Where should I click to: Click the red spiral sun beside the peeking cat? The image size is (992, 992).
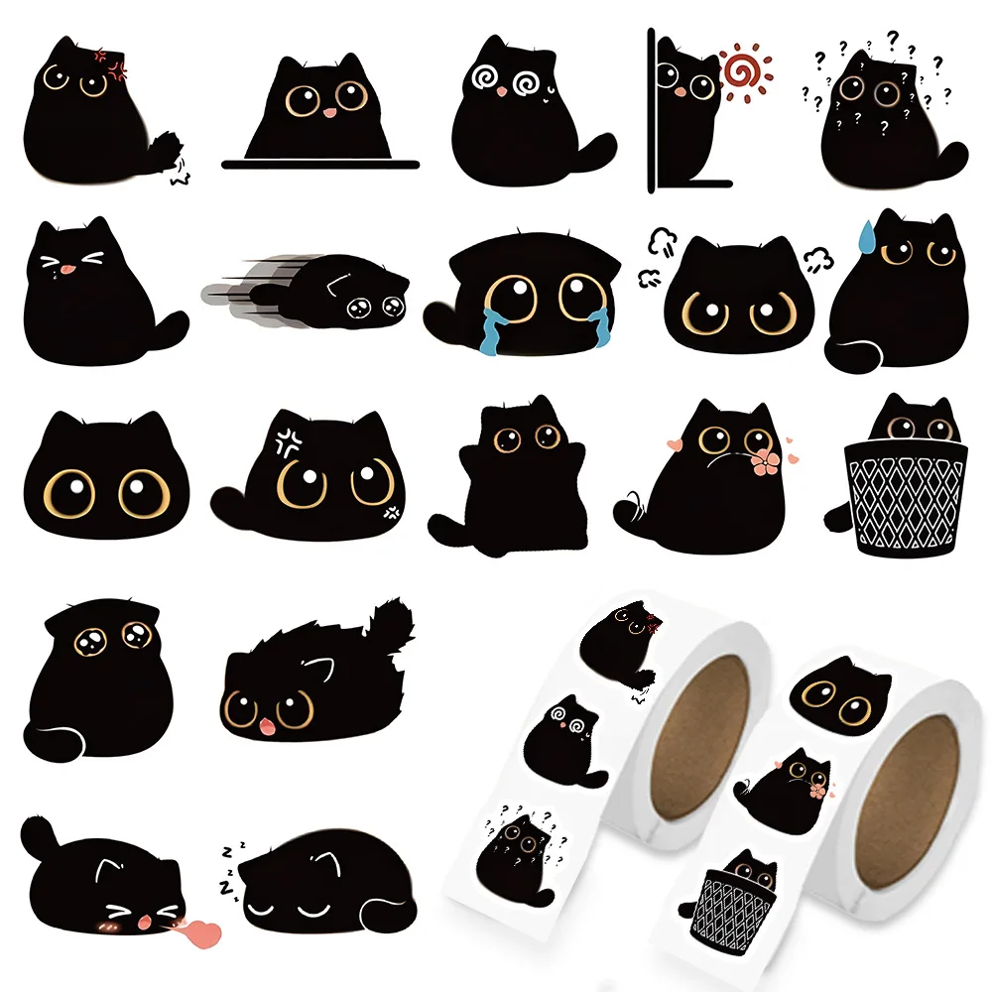[743, 68]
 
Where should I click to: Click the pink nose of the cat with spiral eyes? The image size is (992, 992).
[503, 90]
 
